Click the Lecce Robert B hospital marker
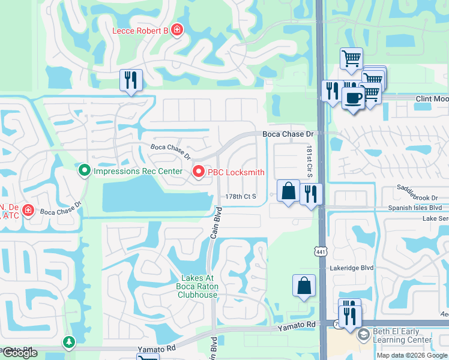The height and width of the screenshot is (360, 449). (176, 29)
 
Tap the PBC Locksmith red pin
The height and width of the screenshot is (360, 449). (199, 172)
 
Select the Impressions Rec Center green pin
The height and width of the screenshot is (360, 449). (85, 172)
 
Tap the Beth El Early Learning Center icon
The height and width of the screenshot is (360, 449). (362, 334)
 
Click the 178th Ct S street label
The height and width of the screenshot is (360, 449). (241, 196)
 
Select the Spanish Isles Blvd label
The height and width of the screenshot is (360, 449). (414, 208)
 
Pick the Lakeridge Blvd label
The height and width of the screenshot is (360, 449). (351, 269)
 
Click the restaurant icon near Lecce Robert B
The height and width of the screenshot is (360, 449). (131, 80)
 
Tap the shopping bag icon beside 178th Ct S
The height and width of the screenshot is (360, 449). (289, 191)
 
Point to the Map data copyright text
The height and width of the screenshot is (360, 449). (412, 355)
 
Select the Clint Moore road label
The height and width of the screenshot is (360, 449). (432, 98)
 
